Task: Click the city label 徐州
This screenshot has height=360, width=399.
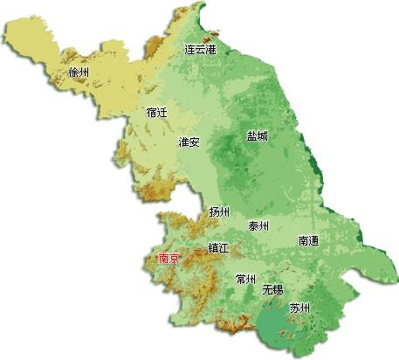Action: [79, 73]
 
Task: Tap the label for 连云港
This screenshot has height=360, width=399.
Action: [200, 50]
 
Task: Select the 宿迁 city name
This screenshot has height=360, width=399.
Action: [157, 113]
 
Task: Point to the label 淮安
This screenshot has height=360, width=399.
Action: [189, 142]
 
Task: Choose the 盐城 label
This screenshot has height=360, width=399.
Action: [257, 136]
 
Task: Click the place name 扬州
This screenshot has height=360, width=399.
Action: [219, 212]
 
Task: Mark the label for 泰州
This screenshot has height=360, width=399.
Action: [258, 226]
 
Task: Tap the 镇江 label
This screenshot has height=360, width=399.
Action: [218, 248]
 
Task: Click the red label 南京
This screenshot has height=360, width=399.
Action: [169, 259]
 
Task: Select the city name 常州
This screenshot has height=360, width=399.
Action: [245, 280]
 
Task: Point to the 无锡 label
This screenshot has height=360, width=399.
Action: [272, 289]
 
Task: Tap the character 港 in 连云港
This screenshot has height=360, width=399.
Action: [210, 50]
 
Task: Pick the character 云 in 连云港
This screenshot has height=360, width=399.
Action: [200, 50]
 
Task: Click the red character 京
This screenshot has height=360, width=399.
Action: [175, 259]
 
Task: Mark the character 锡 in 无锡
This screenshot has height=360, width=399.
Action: [278, 289]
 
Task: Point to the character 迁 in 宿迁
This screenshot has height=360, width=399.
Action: [162, 113]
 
